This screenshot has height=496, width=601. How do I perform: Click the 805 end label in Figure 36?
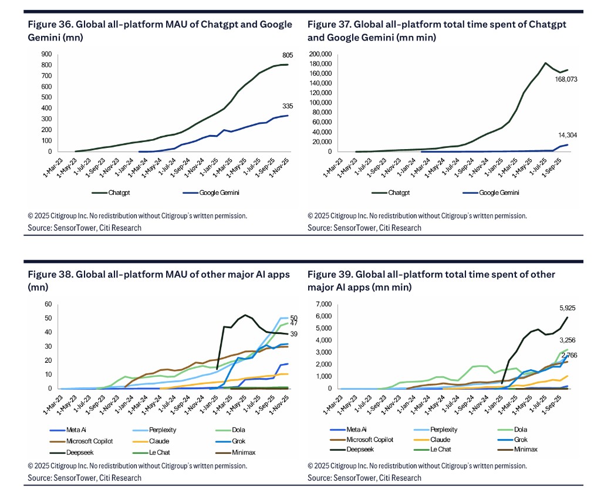[288, 55]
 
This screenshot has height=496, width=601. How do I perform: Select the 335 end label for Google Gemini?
[288, 106]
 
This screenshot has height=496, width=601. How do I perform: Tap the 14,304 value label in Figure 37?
[567, 136]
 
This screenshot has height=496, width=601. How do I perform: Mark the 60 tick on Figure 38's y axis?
[49, 304]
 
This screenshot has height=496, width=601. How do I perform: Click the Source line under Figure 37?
[364, 228]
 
